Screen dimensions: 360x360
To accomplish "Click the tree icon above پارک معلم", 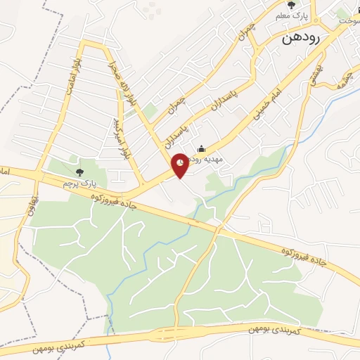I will point(291,6).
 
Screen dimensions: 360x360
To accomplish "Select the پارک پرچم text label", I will point(79,183).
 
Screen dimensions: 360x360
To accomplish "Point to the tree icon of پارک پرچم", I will point(79,171).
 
